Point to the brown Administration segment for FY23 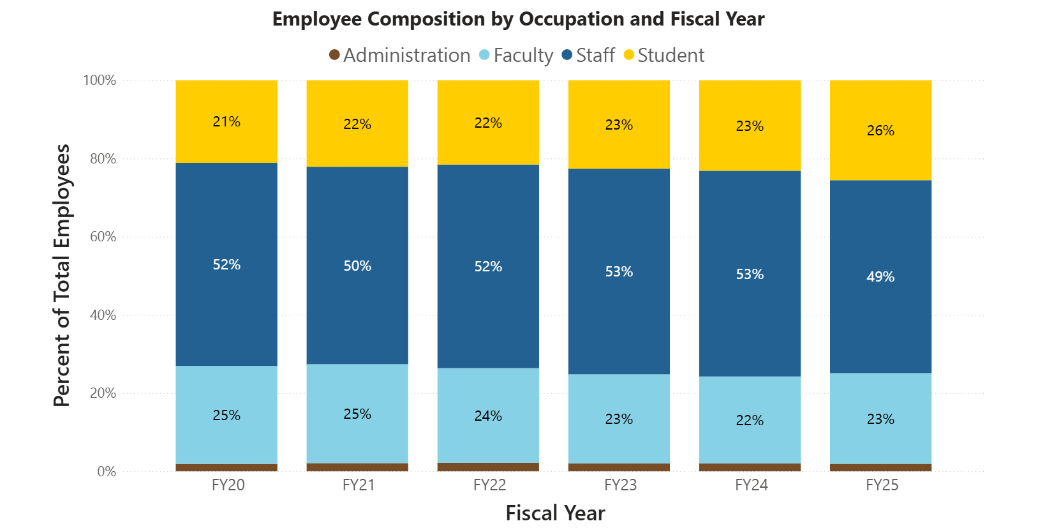pos(619,467)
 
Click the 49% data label pos(880,276)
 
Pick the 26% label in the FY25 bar pos(880,130)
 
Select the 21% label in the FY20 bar pos(226,121)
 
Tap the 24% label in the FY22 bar pos(488,416)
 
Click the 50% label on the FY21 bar pos(357,266)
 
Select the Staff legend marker pos(567,55)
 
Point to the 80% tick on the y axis pos(103,159)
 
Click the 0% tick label pos(107,472)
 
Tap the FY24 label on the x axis pos(751,485)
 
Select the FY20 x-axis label pos(228,485)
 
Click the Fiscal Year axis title pos(555,513)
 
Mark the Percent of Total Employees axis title pos(62,275)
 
